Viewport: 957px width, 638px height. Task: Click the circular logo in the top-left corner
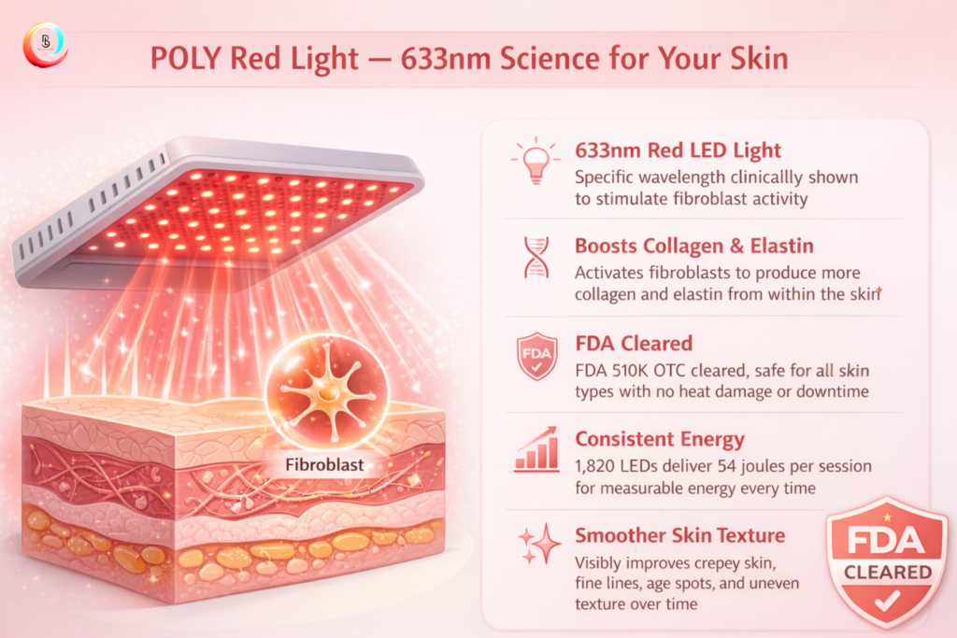click(45, 45)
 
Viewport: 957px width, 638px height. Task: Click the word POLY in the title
click(186, 59)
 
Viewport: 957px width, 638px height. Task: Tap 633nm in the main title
click(446, 59)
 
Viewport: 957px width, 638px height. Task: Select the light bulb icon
click(536, 161)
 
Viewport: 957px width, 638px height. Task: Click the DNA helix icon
click(536, 257)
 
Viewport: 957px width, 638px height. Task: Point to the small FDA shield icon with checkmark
click(536, 356)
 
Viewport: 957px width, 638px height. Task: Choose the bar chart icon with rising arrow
click(536, 449)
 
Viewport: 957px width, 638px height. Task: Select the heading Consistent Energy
click(660, 439)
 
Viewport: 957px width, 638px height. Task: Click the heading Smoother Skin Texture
click(680, 535)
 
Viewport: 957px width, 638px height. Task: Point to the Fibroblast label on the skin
click(324, 465)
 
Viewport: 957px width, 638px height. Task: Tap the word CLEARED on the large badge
click(888, 572)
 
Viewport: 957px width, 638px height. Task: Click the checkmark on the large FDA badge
click(887, 601)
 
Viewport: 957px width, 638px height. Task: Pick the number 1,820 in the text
click(595, 467)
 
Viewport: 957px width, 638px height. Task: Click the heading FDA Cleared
click(634, 344)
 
